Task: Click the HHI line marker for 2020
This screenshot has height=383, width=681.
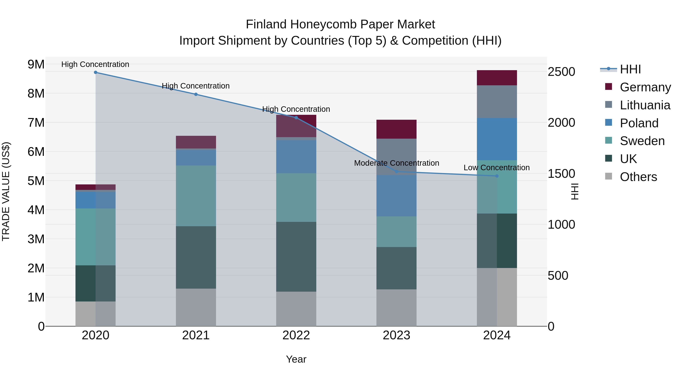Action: [x=96, y=72]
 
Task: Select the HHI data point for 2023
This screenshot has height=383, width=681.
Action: [x=396, y=172]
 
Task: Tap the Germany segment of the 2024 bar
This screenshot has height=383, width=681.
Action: [x=497, y=78]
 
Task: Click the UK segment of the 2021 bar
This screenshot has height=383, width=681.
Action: [x=196, y=257]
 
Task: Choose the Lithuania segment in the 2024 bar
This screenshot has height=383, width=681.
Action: [x=497, y=102]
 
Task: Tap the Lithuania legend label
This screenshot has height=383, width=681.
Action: [x=645, y=105]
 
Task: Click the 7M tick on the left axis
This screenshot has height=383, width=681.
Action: [x=36, y=123]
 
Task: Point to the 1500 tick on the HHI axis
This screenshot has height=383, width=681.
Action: [x=561, y=174]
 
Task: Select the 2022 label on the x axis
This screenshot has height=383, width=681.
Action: [x=296, y=335]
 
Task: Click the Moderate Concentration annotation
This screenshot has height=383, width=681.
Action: [x=396, y=163]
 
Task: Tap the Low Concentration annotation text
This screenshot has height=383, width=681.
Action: [x=497, y=168]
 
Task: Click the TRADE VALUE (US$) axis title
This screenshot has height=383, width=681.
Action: [x=6, y=191]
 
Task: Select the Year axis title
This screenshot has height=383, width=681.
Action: [x=296, y=359]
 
